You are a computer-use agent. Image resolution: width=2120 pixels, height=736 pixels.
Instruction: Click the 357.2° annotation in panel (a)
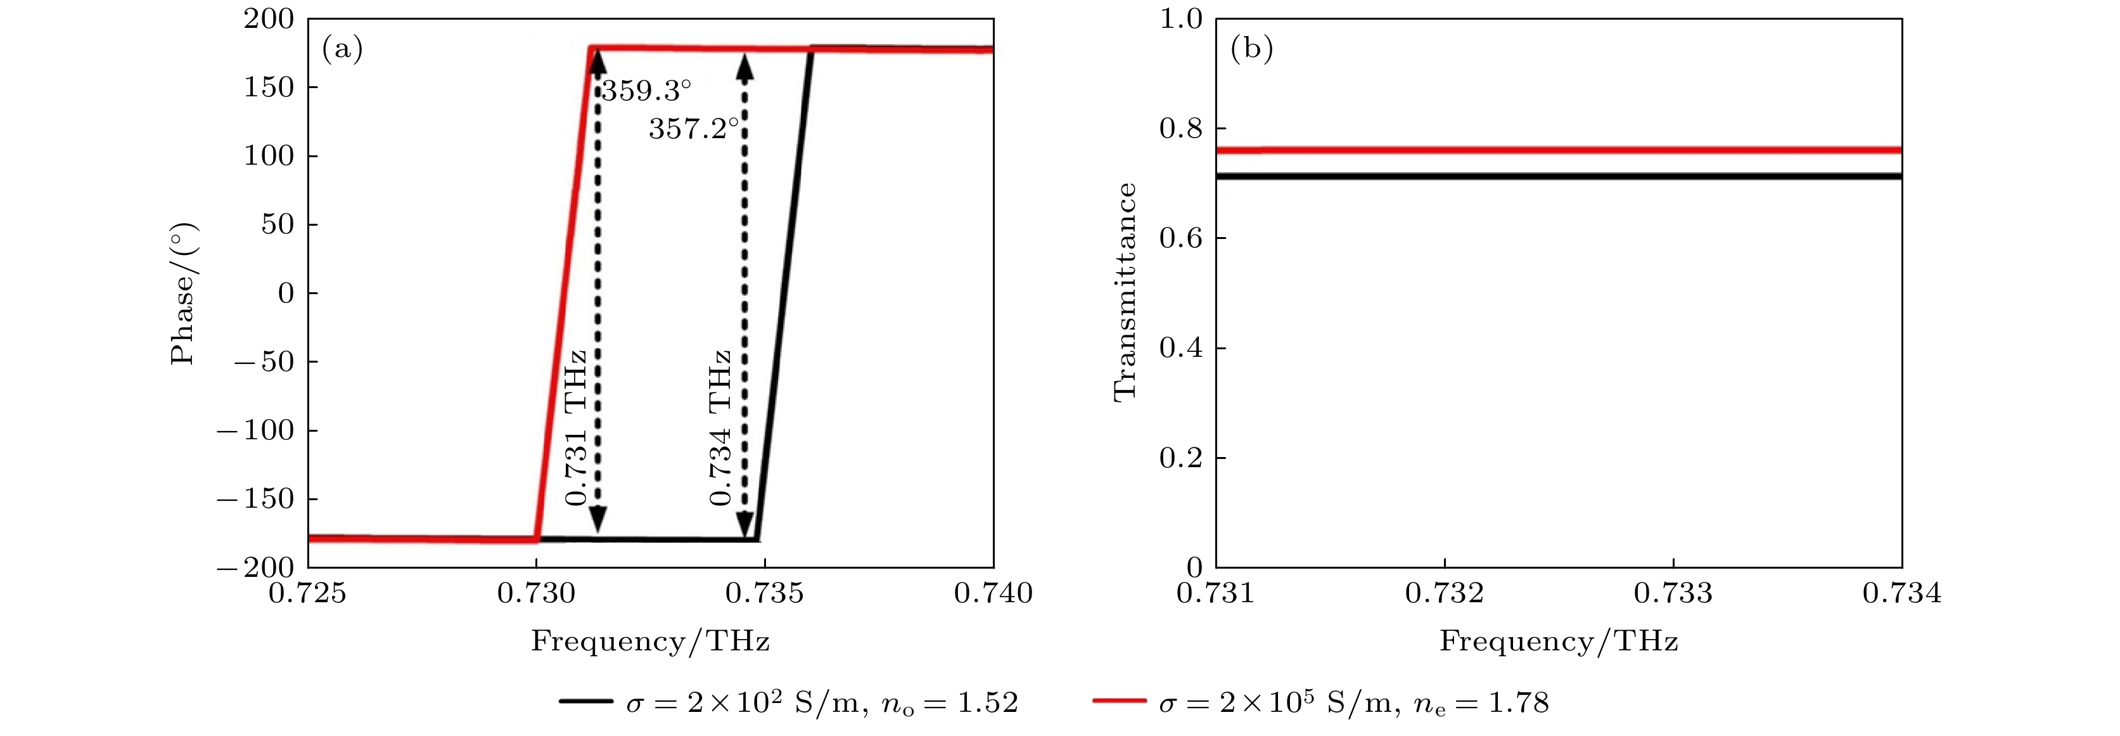point(693,129)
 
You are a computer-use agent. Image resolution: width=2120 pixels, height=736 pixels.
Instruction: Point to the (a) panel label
point(342,49)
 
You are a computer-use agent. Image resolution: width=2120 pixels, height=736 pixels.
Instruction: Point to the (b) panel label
point(1251,49)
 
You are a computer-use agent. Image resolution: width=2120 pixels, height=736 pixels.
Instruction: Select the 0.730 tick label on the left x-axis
point(536,593)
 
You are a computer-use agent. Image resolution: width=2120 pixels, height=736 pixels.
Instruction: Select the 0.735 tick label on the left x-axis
point(765,593)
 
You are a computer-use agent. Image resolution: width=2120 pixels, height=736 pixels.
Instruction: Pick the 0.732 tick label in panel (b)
point(1445,593)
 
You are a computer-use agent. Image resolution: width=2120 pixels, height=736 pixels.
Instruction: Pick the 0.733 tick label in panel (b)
point(1673,593)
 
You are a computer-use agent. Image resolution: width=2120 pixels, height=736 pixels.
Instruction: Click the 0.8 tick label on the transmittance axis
point(1180,129)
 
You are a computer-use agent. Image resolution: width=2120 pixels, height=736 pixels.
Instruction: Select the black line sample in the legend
point(586,701)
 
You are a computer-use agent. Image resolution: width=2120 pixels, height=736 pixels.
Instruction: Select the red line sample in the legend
point(1120,701)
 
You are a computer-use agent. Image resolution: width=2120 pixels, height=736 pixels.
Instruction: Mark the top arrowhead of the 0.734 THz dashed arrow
point(745,66)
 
